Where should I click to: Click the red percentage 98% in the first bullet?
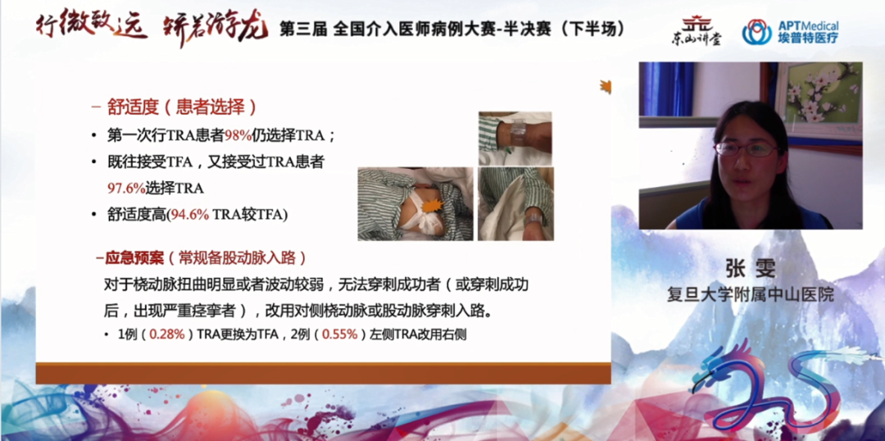[x=238, y=135]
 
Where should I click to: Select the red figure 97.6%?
[x=126, y=188]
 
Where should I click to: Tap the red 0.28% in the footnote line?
[x=167, y=334]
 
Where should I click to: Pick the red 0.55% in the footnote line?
[x=340, y=334]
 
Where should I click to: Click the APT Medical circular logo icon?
[x=756, y=32]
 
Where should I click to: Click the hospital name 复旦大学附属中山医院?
[x=750, y=294]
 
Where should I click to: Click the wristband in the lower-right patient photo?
[x=533, y=217]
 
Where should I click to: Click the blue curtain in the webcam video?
[x=666, y=89]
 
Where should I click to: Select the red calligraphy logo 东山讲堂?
[x=696, y=32]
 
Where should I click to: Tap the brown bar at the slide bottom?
[x=323, y=374]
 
